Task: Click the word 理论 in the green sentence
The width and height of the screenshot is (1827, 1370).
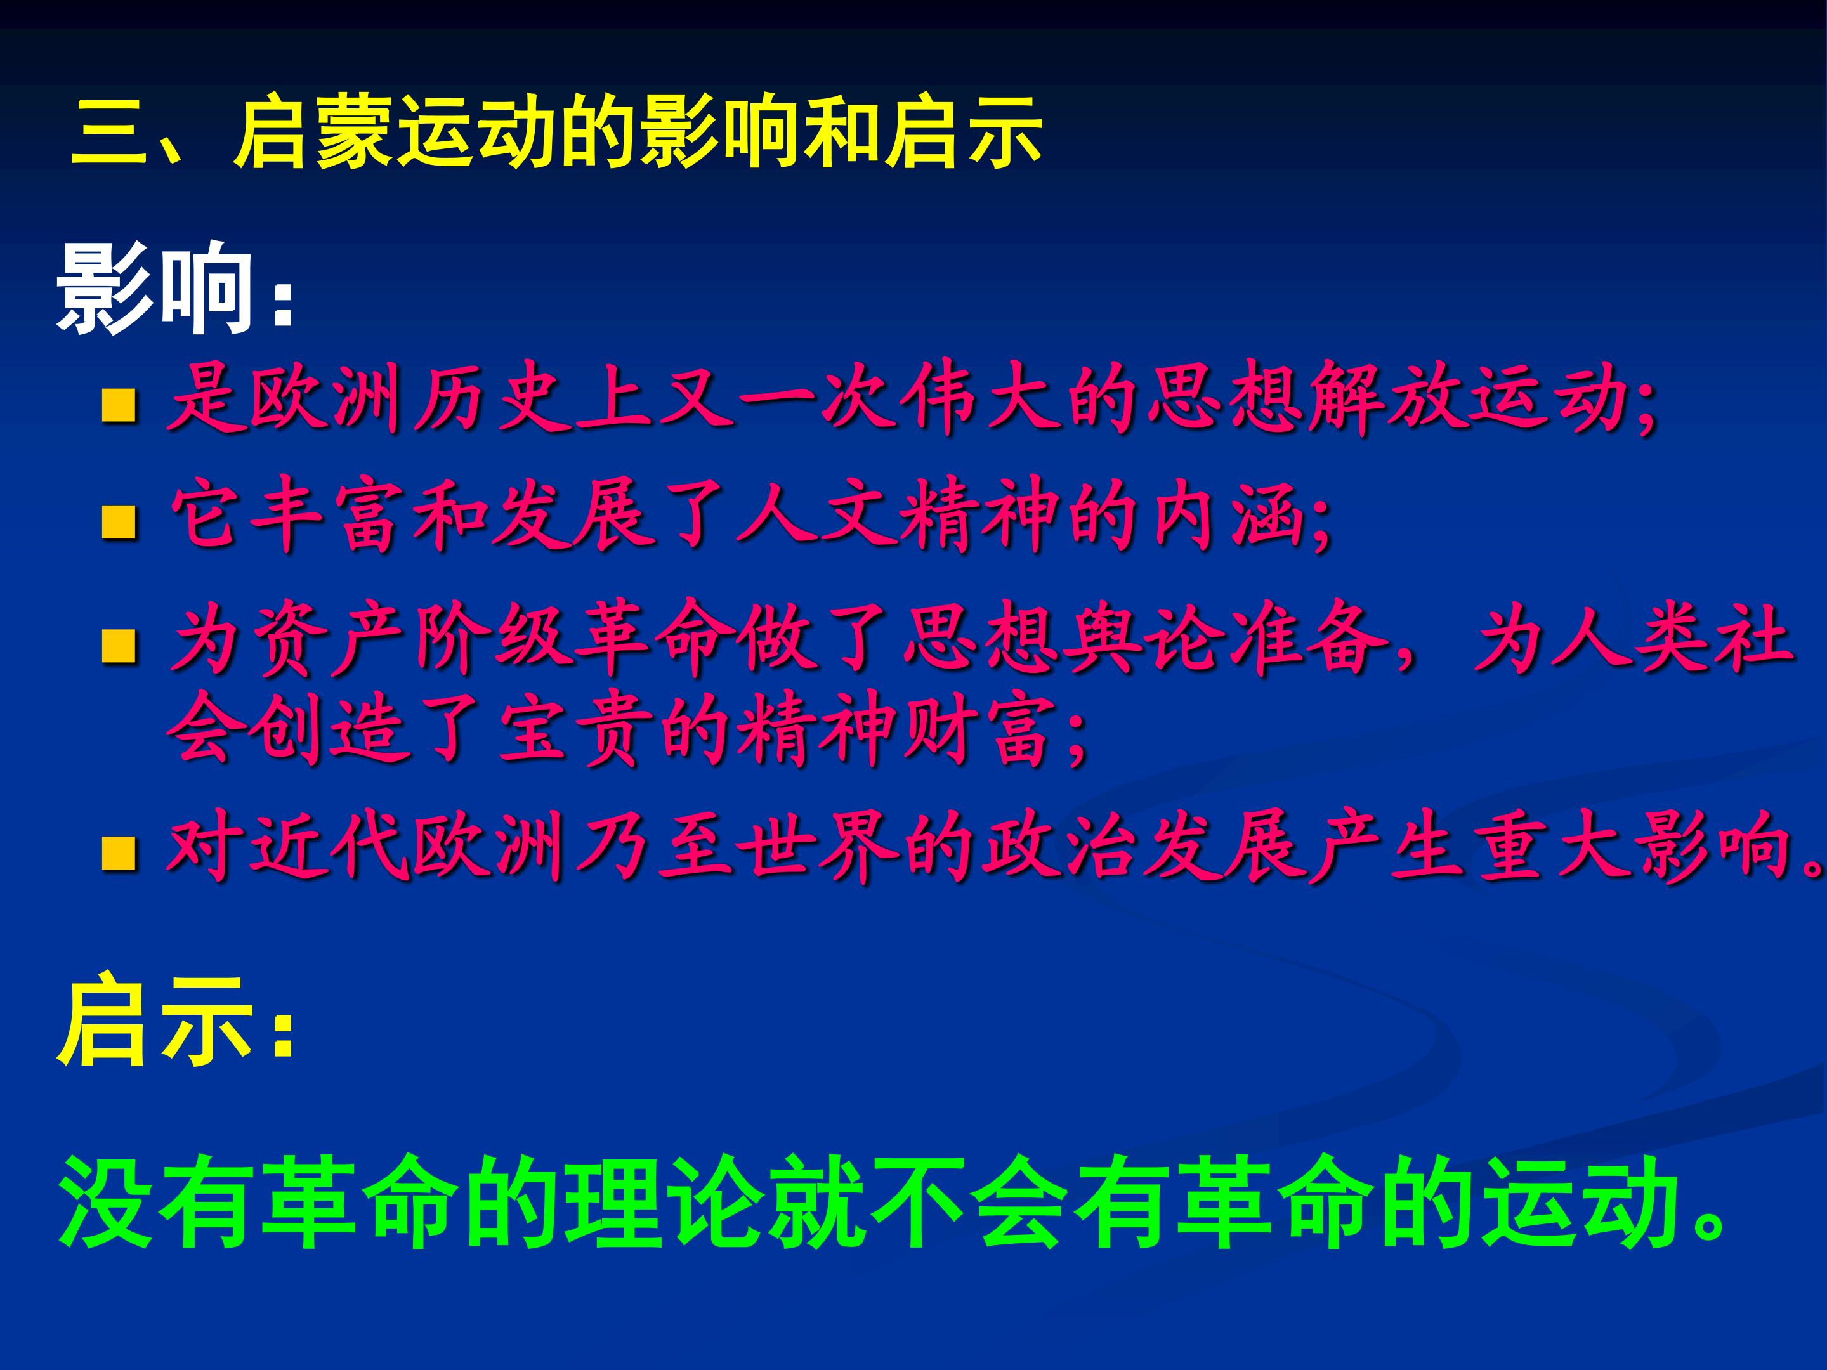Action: (x=661, y=1201)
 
